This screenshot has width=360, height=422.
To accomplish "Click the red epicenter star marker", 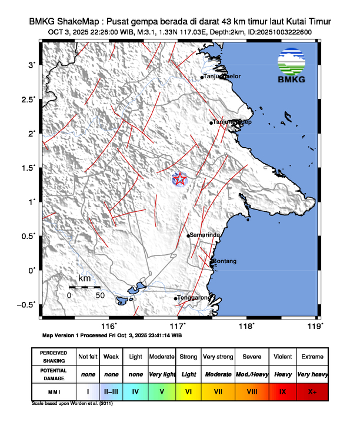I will (x=179, y=178).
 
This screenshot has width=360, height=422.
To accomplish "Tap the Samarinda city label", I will (x=205, y=235).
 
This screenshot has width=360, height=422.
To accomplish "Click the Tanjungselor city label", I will (x=222, y=77).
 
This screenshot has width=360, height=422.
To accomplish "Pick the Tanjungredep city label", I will (x=232, y=122).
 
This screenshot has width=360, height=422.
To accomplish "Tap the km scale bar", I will (x=84, y=287).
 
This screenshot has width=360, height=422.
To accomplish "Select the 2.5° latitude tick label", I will (x=27, y=99).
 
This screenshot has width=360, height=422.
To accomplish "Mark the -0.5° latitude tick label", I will (x=26, y=304).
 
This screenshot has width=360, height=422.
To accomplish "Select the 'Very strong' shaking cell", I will (x=218, y=357).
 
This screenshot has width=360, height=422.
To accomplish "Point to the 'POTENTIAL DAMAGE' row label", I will (x=54, y=374).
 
